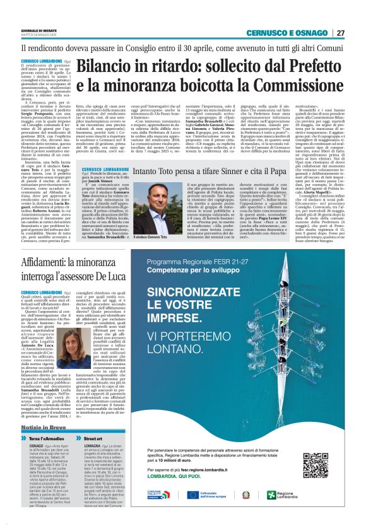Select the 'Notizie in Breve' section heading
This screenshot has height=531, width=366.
[46, 428]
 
